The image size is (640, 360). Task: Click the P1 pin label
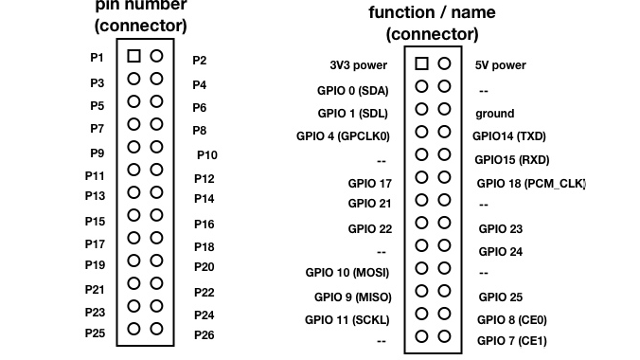(x=97, y=57)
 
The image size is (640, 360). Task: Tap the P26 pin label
(x=204, y=334)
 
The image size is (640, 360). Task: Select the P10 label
(x=206, y=154)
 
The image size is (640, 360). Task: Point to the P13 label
(x=95, y=195)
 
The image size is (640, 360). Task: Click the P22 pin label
(x=204, y=293)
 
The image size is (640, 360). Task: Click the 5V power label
(x=500, y=66)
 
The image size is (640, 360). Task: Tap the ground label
(x=494, y=113)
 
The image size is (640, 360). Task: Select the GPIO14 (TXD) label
(x=509, y=135)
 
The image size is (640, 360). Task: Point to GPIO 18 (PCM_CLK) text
(x=531, y=183)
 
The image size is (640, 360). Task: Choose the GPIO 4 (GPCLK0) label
(x=344, y=135)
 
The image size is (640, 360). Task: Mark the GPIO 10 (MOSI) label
(x=348, y=272)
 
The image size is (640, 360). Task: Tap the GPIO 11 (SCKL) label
(x=347, y=319)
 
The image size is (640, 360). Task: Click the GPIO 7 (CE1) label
(x=511, y=340)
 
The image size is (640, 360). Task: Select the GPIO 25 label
(x=500, y=297)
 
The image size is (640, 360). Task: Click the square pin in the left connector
(x=133, y=56)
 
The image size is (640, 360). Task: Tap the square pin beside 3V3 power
(x=421, y=63)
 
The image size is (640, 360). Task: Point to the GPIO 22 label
(x=369, y=228)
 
